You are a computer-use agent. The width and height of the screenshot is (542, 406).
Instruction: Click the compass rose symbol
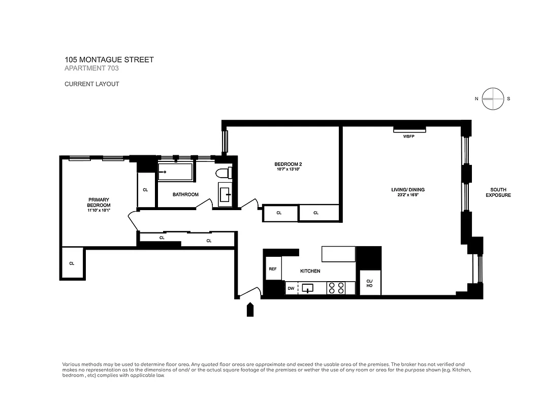(x=493, y=99)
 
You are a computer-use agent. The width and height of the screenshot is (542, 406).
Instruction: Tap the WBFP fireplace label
(x=409, y=137)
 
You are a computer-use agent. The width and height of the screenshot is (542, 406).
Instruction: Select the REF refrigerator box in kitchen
(x=273, y=268)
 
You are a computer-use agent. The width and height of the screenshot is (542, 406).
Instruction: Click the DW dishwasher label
(x=291, y=288)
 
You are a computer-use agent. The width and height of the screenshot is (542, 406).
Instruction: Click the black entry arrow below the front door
(x=250, y=310)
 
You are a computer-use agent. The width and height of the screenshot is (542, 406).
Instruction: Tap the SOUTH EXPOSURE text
(x=498, y=192)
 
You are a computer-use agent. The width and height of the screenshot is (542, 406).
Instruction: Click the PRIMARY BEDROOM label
(x=99, y=202)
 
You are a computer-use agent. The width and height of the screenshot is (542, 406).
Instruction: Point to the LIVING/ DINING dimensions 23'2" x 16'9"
(x=407, y=195)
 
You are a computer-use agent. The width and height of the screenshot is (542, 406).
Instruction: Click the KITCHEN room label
(x=310, y=271)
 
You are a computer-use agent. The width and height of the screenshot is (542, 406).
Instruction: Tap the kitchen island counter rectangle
(x=339, y=253)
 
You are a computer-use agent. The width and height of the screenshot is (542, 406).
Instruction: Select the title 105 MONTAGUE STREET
(x=109, y=60)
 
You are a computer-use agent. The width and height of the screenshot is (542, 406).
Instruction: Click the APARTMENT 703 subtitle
(x=91, y=69)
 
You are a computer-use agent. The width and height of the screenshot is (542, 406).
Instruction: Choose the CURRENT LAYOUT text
(x=91, y=84)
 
